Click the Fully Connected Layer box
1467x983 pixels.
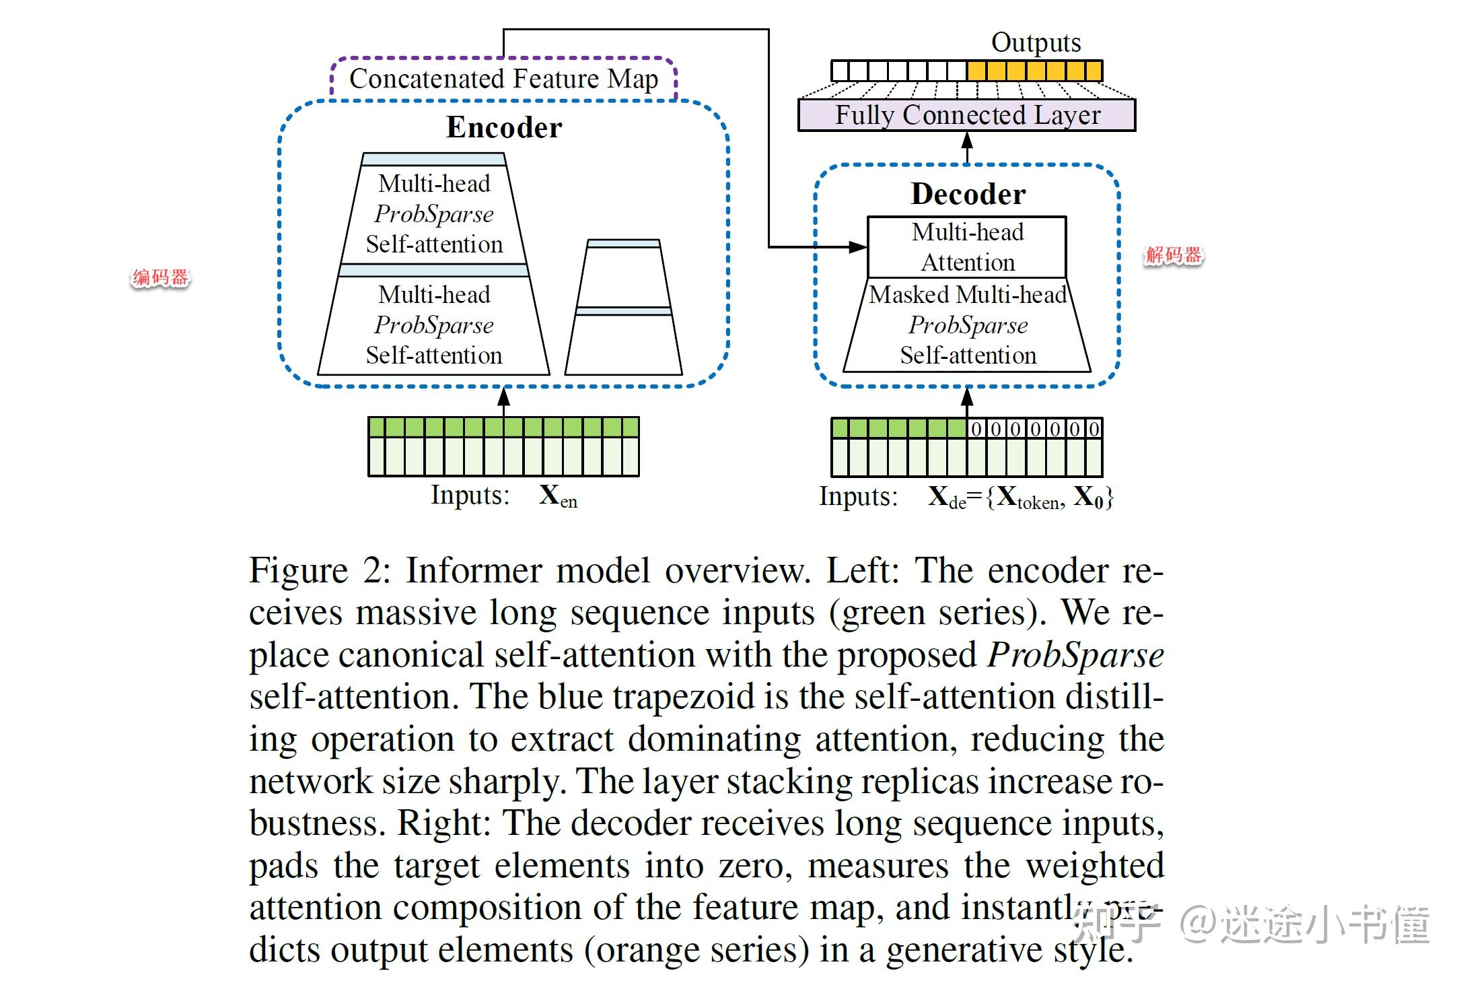966,115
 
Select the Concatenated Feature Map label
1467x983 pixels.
503,79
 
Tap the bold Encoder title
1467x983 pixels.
504,127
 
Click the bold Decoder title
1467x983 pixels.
968,194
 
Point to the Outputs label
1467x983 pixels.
1036,42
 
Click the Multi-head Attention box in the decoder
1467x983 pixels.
967,247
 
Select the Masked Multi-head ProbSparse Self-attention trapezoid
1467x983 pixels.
967,325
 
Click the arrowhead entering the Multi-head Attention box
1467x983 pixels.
858,247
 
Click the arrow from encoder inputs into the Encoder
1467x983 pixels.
503,402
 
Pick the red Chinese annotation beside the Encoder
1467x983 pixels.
160,277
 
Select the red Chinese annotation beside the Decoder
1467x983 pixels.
1174,255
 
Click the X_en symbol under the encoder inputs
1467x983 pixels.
558,496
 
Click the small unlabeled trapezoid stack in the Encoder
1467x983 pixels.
624,307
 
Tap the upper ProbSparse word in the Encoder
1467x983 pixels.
434,214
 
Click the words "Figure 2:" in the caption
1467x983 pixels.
320,571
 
